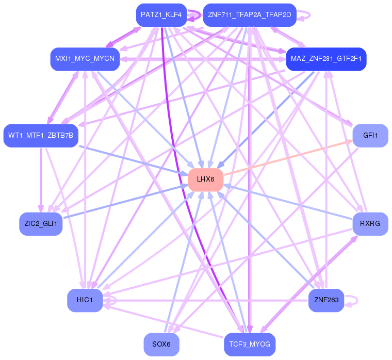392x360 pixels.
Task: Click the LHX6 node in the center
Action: click(205, 179)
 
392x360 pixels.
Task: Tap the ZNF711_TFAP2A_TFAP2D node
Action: click(249, 15)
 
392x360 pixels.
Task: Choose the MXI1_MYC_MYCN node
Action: click(85, 59)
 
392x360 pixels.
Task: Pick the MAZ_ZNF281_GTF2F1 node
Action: click(326, 59)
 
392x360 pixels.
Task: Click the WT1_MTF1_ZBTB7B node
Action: click(41, 136)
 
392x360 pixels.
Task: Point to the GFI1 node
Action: click(370, 136)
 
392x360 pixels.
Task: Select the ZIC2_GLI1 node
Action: click(41, 224)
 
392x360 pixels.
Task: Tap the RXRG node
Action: click(370, 224)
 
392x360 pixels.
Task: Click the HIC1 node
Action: click(85, 301)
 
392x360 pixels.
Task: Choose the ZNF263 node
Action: click(326, 301)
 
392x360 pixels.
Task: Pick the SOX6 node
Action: click(161, 345)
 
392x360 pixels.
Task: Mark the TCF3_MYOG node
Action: click(250, 345)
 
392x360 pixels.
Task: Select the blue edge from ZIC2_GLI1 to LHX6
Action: click(124, 203)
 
